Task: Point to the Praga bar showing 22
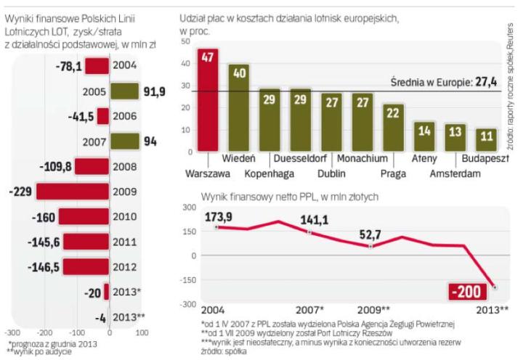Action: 393,127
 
